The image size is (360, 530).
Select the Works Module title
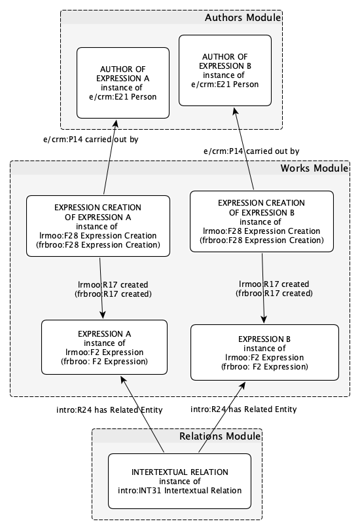click(314, 168)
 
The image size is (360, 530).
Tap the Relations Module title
click(219, 436)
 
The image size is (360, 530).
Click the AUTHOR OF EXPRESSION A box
click(122, 85)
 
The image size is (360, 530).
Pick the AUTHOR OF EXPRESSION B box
click(225, 70)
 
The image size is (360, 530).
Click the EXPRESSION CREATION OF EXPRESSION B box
click(262, 222)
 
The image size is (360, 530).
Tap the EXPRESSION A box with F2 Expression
click(103, 347)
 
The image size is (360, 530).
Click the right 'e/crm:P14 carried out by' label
click(251, 151)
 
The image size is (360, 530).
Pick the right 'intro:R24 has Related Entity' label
click(243, 409)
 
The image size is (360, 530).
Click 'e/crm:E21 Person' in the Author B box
click(225, 84)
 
